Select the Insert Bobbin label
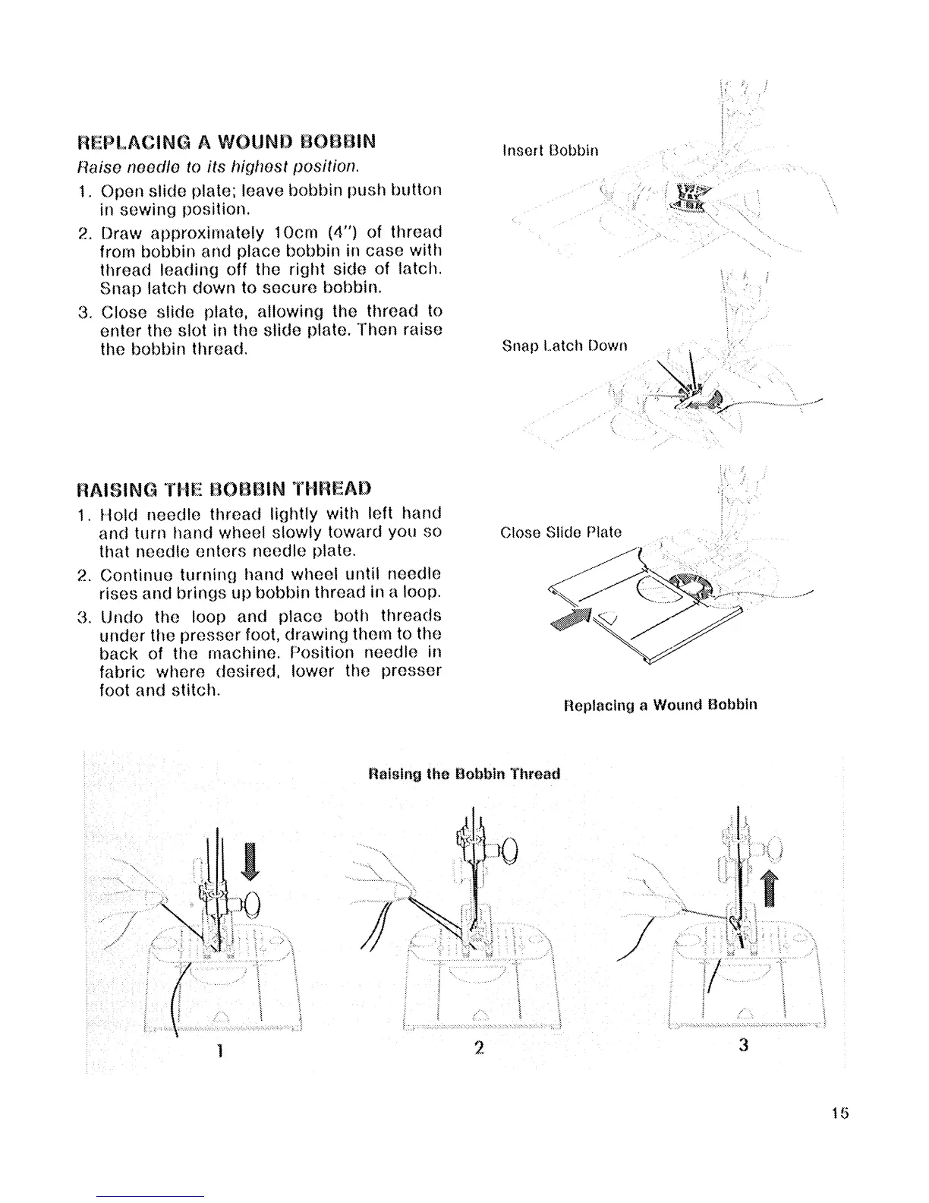pyautogui.click(x=550, y=150)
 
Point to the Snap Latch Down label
pyautogui.click(x=565, y=346)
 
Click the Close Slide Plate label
pyautogui.click(x=561, y=532)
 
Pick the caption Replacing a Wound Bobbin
pyautogui.click(x=660, y=704)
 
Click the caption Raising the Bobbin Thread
pyautogui.click(x=463, y=774)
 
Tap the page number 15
pyautogui.click(x=839, y=1113)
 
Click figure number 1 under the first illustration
pyautogui.click(x=218, y=1050)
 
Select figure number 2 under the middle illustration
pyautogui.click(x=478, y=1047)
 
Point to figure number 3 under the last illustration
pyautogui.click(x=743, y=1046)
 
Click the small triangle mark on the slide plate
pyautogui.click(x=607, y=616)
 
